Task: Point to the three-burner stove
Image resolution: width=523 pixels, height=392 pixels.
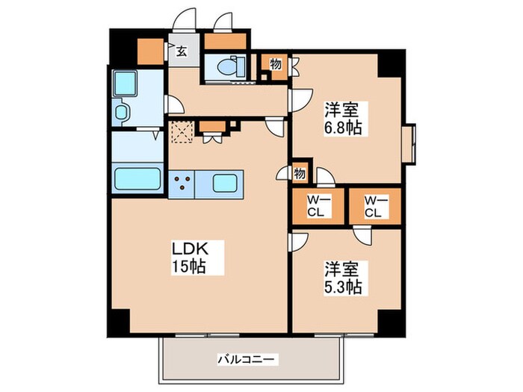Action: point(182,183)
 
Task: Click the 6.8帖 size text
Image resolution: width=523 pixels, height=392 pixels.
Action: point(343,128)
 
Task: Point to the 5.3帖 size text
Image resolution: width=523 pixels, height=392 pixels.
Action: point(343,286)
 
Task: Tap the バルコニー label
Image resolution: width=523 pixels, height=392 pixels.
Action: point(246,359)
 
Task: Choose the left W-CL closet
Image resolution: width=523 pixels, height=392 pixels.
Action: point(318,205)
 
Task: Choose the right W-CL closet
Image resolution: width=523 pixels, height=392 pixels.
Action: point(374,205)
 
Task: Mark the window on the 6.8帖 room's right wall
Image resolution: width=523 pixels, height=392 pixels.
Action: point(409,143)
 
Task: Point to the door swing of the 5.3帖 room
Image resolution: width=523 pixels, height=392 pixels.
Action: point(300,240)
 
